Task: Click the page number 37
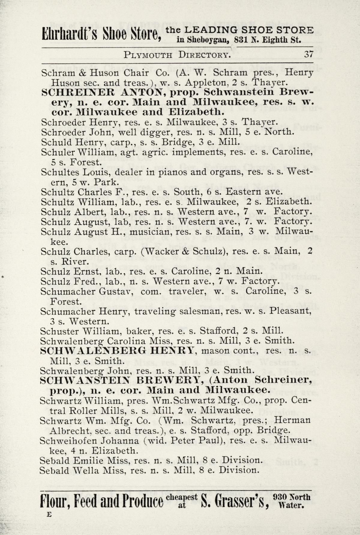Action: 309,55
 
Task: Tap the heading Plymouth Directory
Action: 178,55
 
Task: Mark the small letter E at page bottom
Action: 49,514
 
